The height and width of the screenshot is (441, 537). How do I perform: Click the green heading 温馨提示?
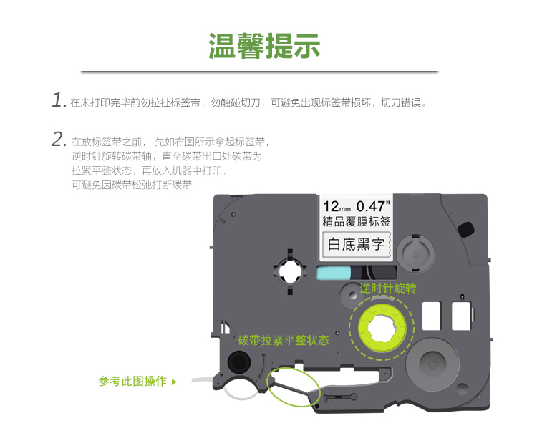click(264, 46)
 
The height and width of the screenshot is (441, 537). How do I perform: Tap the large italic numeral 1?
click(59, 100)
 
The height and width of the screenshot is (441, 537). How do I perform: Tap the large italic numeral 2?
click(59, 140)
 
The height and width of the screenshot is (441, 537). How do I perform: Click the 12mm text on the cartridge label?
click(337, 206)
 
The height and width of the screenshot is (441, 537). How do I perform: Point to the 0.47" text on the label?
click(373, 206)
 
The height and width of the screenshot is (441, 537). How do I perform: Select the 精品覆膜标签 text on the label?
click(357, 221)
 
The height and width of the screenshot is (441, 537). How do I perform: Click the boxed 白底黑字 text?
click(356, 244)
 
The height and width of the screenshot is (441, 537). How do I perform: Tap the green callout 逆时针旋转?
click(388, 289)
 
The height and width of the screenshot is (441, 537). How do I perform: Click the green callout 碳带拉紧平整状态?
click(284, 340)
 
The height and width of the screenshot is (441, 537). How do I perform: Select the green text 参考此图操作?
click(132, 381)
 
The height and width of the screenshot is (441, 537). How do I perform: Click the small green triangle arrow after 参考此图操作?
click(174, 382)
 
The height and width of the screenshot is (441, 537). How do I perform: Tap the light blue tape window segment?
click(334, 273)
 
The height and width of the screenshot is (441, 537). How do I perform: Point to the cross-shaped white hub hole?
click(290, 271)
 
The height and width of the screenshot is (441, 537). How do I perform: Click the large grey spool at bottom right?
click(432, 364)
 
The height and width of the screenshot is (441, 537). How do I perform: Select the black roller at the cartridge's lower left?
click(239, 362)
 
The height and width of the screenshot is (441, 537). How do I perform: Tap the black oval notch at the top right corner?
click(466, 229)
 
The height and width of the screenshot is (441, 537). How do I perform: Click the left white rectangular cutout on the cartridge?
click(431, 316)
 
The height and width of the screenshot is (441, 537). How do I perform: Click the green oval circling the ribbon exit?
click(293, 387)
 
